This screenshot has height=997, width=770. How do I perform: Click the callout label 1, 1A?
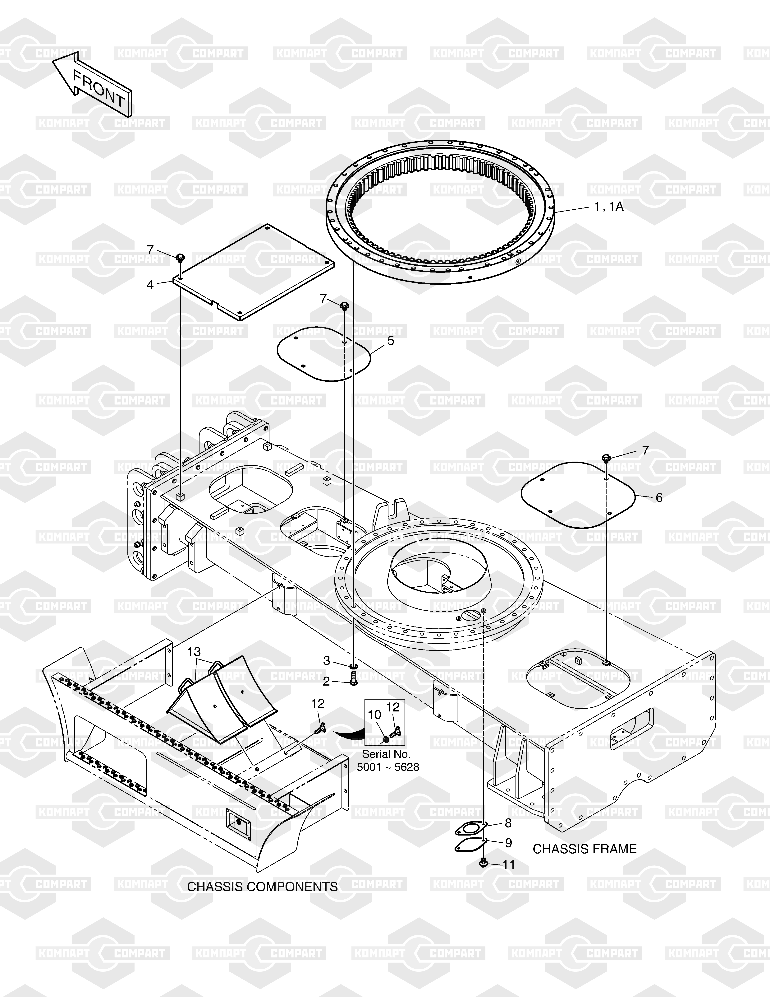click(608, 207)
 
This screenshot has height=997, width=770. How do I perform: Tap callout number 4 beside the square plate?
click(150, 284)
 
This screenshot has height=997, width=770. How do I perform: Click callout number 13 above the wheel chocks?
click(194, 651)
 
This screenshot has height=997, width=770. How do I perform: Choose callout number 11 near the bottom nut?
click(509, 865)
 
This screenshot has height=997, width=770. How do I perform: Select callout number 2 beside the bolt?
click(326, 682)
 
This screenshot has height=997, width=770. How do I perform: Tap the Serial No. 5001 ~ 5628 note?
click(388, 761)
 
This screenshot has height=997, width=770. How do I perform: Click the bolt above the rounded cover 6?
click(606, 458)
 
